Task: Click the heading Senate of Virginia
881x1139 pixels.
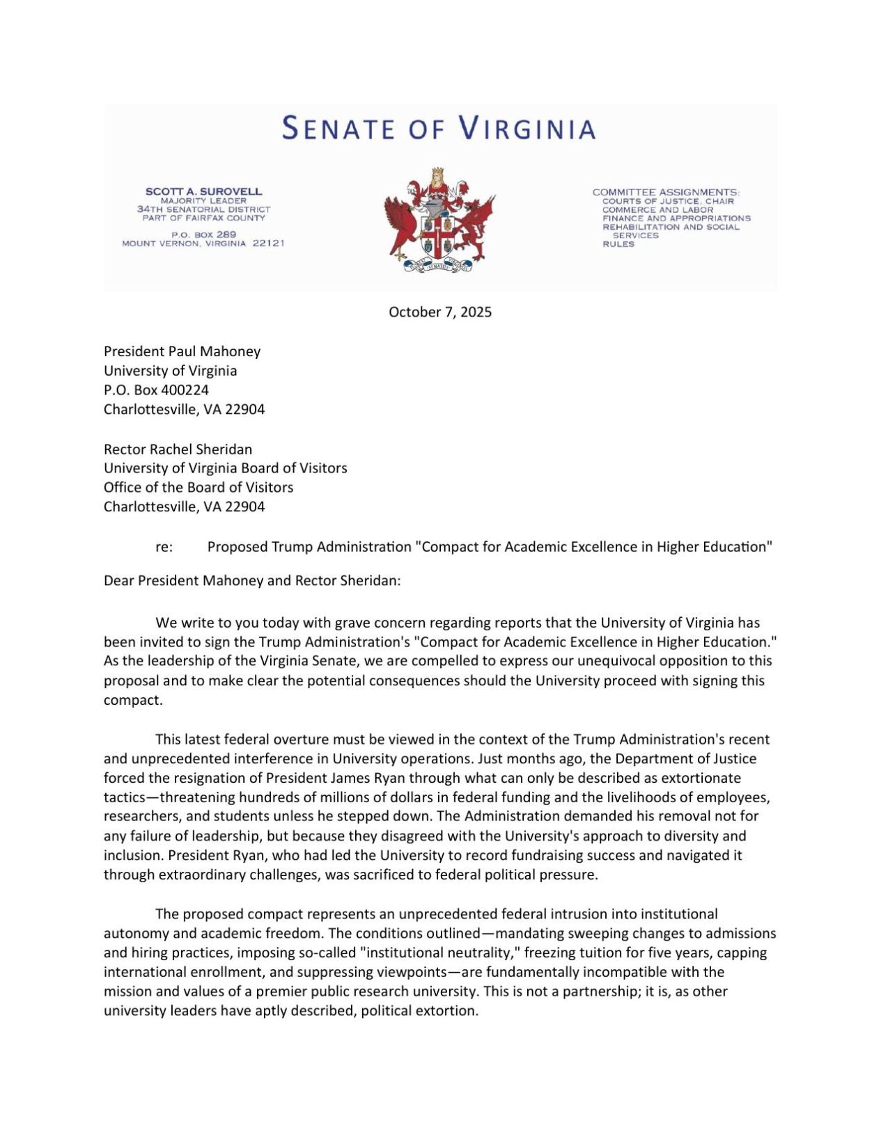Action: click(439, 129)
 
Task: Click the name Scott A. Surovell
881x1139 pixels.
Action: click(203, 191)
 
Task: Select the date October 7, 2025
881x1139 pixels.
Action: click(439, 312)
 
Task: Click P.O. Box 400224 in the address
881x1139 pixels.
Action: click(156, 390)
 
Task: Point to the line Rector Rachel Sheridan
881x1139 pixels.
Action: click(178, 449)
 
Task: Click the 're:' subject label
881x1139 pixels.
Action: click(164, 547)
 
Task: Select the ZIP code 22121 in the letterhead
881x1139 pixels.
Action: click(268, 244)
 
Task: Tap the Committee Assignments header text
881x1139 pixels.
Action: click(666, 192)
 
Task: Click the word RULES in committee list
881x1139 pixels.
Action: click(618, 244)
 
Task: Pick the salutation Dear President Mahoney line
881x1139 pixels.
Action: click(252, 580)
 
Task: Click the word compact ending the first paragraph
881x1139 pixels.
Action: click(132, 700)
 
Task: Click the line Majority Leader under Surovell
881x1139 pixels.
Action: click(203, 200)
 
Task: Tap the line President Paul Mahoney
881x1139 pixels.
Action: click(182, 351)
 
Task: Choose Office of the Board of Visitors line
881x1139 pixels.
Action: click(198, 487)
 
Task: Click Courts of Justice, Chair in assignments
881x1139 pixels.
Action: click(668, 201)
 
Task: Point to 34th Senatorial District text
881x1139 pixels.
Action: click(203, 209)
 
